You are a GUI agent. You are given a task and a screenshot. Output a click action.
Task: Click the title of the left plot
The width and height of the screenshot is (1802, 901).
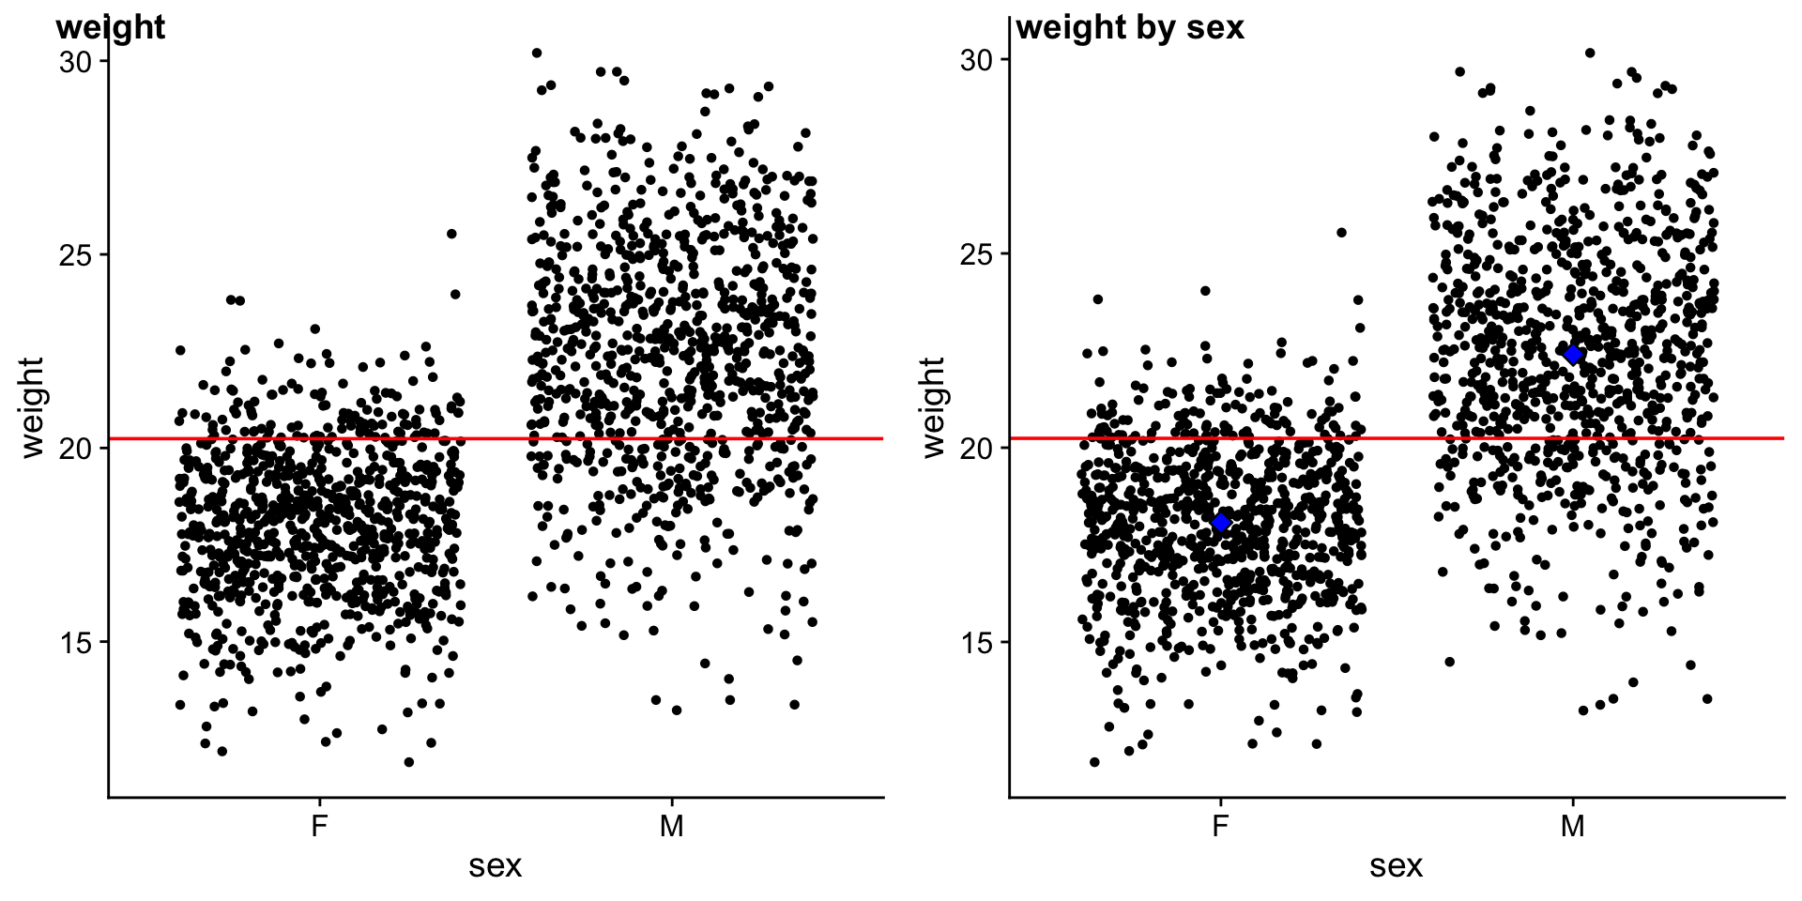(111, 27)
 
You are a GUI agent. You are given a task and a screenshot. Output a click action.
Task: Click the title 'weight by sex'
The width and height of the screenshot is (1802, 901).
(1130, 27)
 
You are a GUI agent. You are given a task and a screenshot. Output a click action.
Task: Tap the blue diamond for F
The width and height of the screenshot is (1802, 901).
(1220, 523)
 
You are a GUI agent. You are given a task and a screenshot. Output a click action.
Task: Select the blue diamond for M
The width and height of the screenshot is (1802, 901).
(1573, 355)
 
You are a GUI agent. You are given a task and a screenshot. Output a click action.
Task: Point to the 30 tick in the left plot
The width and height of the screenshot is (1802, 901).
(76, 62)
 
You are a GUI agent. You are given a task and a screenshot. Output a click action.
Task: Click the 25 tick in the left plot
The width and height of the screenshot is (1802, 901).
(76, 255)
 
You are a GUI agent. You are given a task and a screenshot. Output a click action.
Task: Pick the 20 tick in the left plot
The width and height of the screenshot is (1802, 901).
(76, 449)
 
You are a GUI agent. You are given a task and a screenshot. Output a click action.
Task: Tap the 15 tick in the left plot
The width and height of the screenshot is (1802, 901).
(76, 643)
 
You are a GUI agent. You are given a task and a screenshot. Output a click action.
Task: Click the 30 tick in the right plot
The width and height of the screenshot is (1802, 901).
(977, 60)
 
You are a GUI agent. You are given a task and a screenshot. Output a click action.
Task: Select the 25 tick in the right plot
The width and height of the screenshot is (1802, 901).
(977, 254)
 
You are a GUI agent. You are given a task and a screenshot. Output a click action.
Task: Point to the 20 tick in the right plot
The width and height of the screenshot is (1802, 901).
(977, 449)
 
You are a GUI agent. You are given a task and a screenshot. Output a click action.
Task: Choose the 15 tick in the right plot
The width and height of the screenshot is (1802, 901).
(977, 643)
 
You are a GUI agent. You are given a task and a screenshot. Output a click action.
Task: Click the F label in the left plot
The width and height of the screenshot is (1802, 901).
(319, 827)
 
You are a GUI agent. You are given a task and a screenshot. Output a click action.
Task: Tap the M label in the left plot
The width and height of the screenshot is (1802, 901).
(671, 827)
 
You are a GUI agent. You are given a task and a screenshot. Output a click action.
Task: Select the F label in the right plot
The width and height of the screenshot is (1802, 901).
(1220, 827)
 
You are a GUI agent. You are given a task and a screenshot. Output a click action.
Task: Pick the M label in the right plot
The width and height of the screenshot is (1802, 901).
(1573, 827)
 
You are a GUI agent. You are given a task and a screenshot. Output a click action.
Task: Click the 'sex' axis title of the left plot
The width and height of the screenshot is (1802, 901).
(496, 866)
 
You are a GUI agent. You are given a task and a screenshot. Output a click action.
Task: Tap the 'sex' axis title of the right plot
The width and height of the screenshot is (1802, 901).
(1397, 866)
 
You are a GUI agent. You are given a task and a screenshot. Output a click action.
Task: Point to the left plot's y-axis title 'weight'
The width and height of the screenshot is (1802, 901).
(32, 407)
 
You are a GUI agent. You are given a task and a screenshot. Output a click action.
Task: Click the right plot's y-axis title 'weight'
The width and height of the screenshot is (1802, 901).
(933, 407)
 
